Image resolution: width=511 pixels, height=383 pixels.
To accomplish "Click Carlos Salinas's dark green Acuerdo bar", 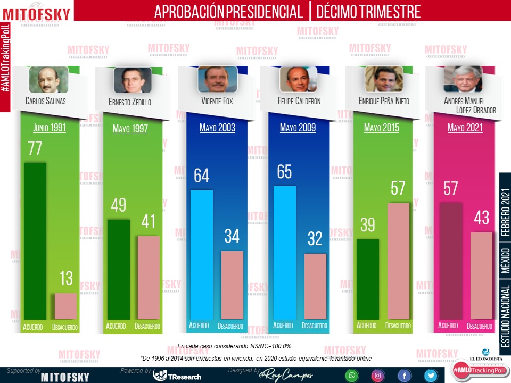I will pos(35,239).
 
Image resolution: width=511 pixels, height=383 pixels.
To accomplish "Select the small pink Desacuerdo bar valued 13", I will pos(65,306).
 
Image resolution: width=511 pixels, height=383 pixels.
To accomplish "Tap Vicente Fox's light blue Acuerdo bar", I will pos(201,254).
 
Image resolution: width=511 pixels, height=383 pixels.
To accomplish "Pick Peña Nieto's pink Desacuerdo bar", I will pos(398,261).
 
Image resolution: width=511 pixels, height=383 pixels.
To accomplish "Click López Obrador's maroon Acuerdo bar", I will pos(450,261).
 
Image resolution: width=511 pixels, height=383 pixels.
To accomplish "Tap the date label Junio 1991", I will pos(50,128).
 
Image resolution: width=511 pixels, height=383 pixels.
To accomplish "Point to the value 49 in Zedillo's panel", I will pos(119,205).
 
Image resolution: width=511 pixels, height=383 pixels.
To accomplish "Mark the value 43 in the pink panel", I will pos(482,218).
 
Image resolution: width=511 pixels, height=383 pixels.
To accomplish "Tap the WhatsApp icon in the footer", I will pos(351,376).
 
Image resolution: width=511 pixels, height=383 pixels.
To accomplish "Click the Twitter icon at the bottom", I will pos(431,376).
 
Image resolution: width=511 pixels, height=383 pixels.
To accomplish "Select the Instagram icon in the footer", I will pos(377,376).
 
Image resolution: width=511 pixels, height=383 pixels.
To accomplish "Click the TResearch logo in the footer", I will pos(177,376).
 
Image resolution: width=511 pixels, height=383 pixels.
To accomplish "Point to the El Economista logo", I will pos(485,356).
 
